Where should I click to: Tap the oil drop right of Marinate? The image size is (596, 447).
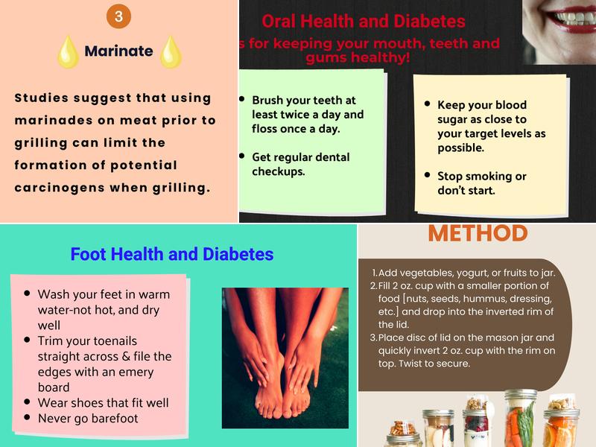[x=171, y=51]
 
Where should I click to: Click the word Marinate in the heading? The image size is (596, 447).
[x=118, y=51]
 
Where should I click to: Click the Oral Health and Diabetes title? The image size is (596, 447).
[x=364, y=22]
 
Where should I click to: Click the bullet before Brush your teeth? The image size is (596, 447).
[x=242, y=99]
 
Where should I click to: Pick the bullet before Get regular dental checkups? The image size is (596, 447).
[x=242, y=156]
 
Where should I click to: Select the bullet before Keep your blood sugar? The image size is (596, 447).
[x=428, y=104]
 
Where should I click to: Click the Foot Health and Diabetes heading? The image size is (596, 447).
[x=172, y=254]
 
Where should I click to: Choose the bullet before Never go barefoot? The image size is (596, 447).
[x=28, y=418]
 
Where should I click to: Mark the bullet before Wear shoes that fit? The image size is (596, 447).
[x=28, y=402]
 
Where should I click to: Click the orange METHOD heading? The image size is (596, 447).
[x=478, y=233]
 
